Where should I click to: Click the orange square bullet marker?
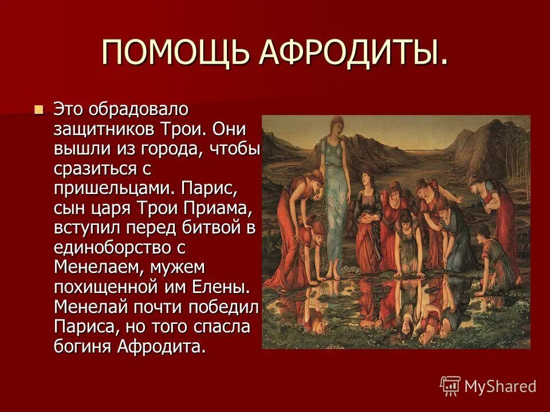38,109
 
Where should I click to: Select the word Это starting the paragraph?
69,109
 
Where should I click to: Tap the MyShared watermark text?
500,386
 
